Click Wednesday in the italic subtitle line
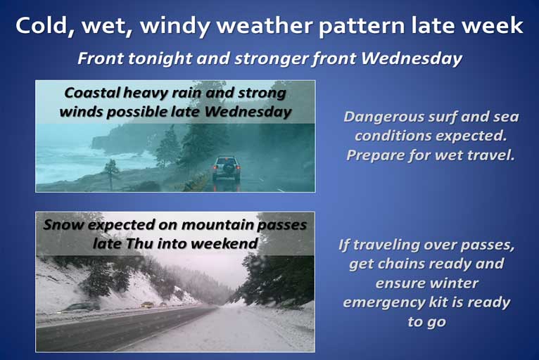[x=412, y=58]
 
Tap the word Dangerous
[x=383, y=117]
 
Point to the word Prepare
[x=375, y=155]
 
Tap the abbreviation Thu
[x=139, y=243]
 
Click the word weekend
[x=224, y=243]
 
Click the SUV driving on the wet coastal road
[x=226, y=169]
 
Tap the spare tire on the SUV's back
[x=227, y=169]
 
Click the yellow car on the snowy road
[x=147, y=304]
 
